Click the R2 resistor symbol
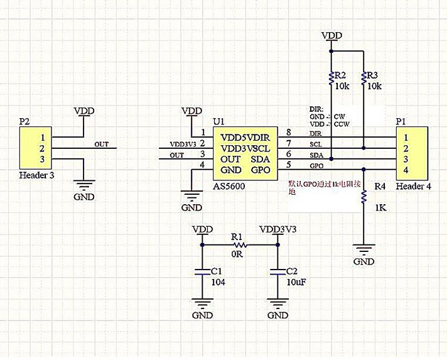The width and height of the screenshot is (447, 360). (331, 77)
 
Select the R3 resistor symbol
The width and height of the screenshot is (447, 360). (364, 77)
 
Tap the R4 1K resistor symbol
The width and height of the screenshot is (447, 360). (364, 197)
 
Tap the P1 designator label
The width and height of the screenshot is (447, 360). (401, 121)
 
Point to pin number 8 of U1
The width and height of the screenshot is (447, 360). (288, 133)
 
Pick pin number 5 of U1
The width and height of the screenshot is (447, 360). (288, 165)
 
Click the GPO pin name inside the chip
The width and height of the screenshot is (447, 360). (261, 170)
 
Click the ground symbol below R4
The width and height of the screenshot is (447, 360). (364, 248)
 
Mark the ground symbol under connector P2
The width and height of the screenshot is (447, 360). (83, 184)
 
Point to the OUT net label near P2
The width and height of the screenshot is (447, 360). (102, 144)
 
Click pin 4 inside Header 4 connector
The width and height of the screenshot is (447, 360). (406, 170)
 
